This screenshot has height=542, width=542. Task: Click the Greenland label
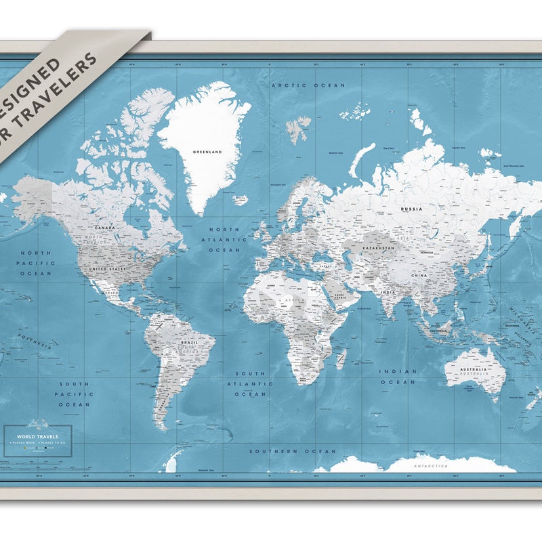(x=207, y=152)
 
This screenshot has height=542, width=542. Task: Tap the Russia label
(x=411, y=209)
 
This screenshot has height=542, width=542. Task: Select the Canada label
(x=105, y=228)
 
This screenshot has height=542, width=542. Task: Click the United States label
(x=108, y=269)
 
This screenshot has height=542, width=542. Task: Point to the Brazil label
(x=190, y=343)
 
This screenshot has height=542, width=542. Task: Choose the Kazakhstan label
(x=378, y=248)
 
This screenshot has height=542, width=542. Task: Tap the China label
(x=419, y=276)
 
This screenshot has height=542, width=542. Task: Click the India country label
(x=388, y=292)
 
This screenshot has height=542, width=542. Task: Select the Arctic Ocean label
(x=308, y=86)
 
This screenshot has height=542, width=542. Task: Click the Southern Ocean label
(x=292, y=451)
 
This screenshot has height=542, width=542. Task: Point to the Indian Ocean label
(x=398, y=377)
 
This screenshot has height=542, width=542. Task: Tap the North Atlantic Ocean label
(x=224, y=240)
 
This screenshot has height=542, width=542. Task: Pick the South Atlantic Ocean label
(x=251, y=383)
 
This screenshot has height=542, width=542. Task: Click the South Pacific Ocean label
(x=73, y=394)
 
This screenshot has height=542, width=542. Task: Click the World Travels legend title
(x=37, y=437)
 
